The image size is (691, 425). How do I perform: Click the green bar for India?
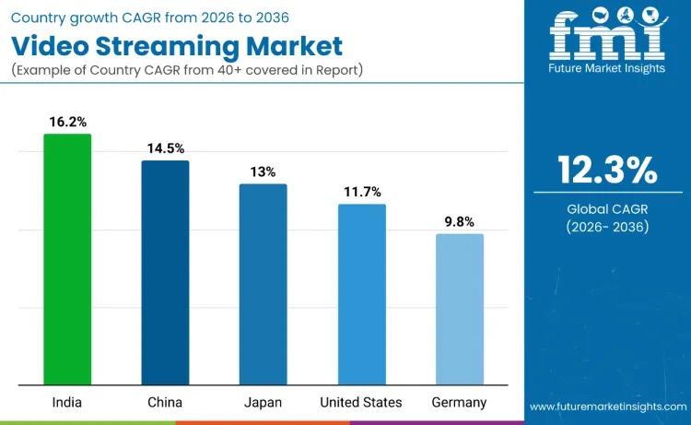(x=67, y=259)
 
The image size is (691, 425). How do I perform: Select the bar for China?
(x=165, y=273)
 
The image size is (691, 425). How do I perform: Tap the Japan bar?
(x=264, y=284)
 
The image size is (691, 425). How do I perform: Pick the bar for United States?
(x=361, y=294)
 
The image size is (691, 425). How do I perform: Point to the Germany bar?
(x=460, y=309)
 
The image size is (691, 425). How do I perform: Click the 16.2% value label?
(x=67, y=121)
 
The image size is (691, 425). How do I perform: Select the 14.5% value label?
(x=166, y=148)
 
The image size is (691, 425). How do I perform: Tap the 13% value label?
(x=263, y=171)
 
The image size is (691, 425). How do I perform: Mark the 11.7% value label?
(x=361, y=192)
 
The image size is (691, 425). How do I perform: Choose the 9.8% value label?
(x=460, y=221)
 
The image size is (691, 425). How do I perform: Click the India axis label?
(x=67, y=403)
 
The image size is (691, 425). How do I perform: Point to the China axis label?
(x=165, y=403)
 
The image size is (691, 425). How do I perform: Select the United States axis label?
(x=361, y=403)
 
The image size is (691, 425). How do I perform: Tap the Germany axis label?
(x=460, y=403)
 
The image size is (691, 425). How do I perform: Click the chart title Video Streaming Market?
(x=176, y=45)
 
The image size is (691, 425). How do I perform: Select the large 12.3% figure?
(x=607, y=171)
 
